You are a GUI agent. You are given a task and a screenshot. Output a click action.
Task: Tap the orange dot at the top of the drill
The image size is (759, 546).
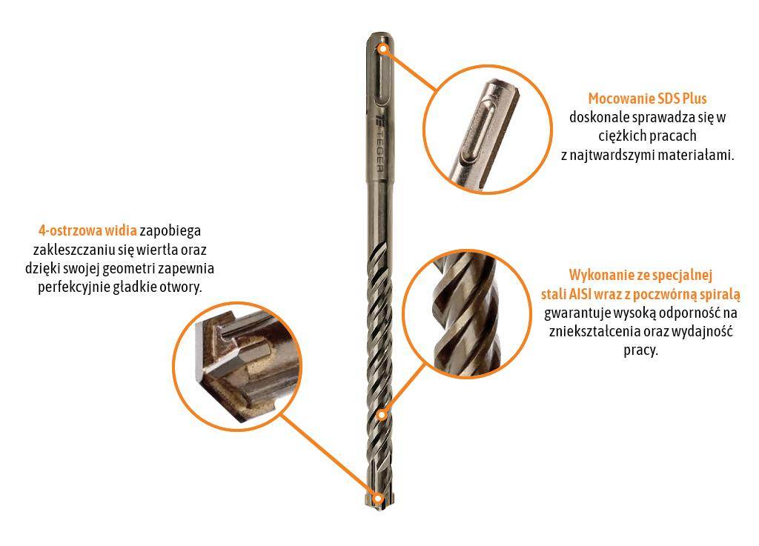click(382, 49)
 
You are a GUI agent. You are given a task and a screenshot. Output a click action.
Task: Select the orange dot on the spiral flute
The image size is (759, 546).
click(382, 414)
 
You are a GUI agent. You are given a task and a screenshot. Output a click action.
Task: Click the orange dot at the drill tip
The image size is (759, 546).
click(379, 498)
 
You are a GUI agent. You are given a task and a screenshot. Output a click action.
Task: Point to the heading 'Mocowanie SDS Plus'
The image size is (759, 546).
click(647, 99)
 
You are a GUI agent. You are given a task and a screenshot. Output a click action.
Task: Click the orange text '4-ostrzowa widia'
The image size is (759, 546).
click(87, 230)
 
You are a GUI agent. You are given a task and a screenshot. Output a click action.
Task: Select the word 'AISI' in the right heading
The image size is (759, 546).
click(585, 293)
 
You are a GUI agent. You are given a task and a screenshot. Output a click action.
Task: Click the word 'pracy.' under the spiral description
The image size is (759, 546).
click(640, 350)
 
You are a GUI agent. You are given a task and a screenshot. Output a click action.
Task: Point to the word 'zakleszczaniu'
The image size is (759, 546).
click(72, 250)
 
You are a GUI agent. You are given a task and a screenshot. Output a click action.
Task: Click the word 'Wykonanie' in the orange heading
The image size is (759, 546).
click(599, 274)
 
